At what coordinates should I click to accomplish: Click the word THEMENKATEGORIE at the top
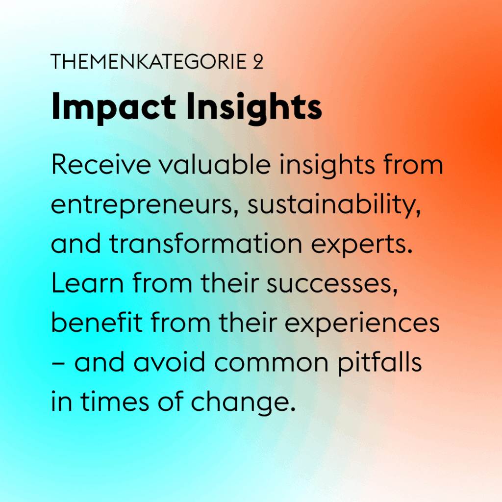149,61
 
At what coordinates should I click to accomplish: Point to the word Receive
101,165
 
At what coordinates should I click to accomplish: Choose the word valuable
215,164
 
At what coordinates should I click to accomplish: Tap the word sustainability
334,205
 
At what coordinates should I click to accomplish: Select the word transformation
205,244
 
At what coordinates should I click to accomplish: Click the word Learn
87,283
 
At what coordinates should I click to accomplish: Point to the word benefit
97,322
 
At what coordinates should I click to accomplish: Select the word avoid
169,362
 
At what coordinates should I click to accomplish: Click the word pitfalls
379,363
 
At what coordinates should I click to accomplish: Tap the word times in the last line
114,402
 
